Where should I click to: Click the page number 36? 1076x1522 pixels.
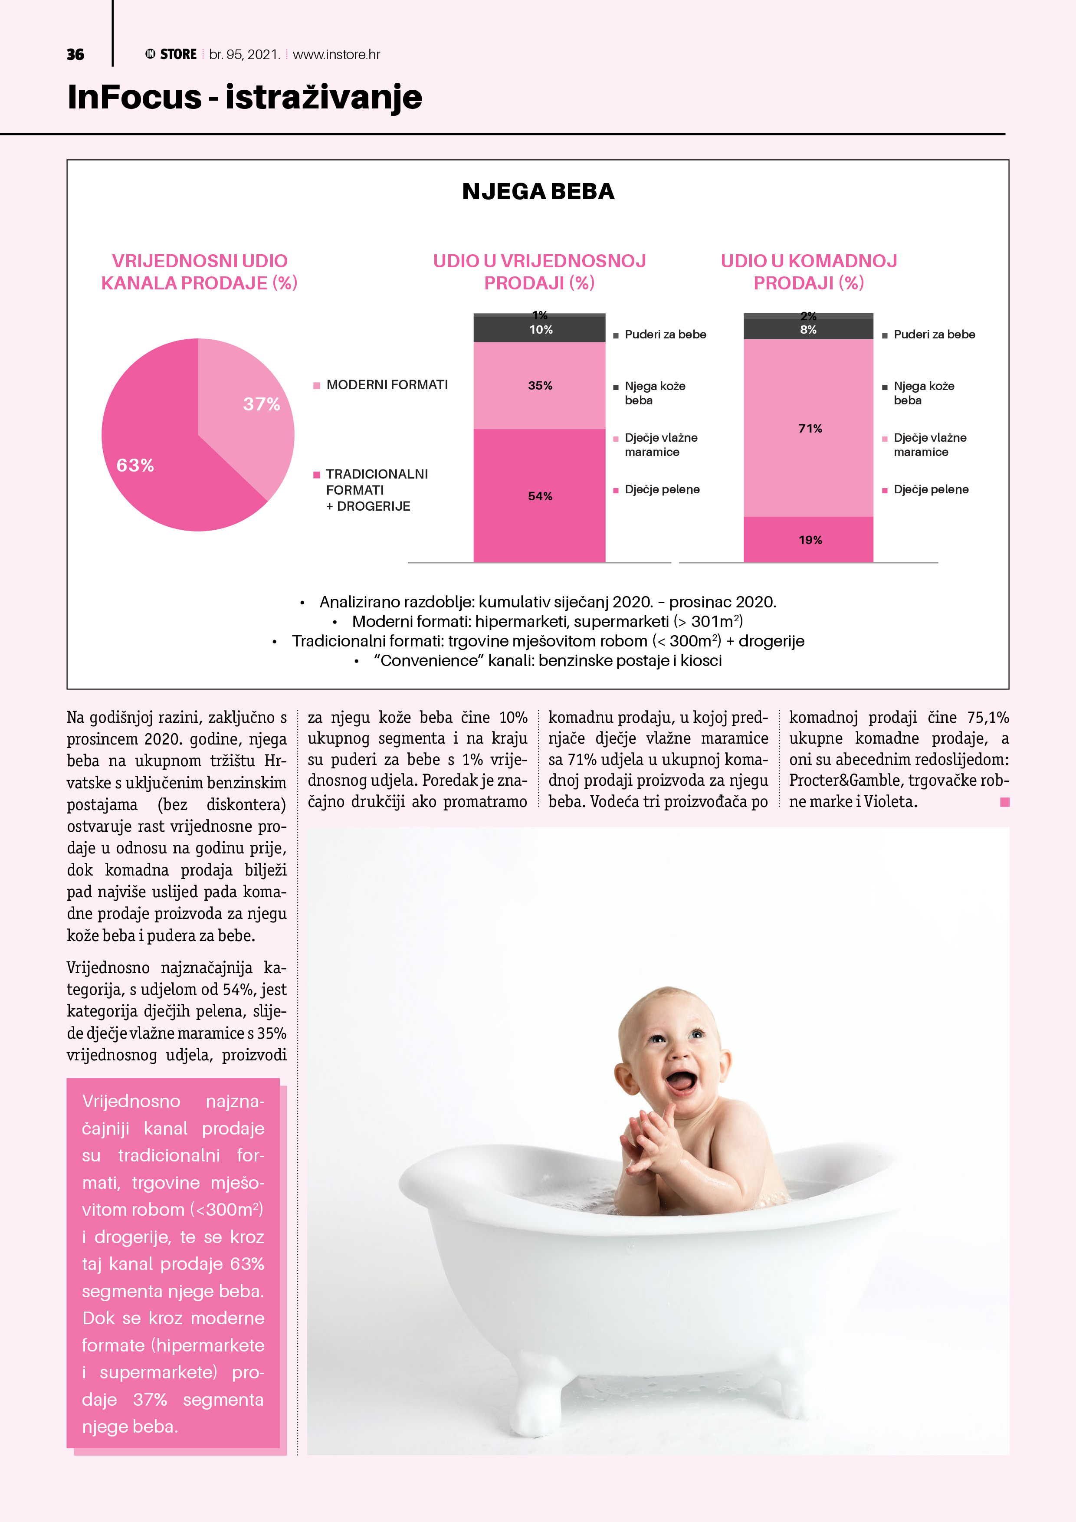pos(75,54)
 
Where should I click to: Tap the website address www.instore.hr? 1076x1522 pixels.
pos(336,54)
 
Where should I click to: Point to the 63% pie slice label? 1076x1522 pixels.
pos(135,466)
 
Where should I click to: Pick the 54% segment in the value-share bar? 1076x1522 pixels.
pos(540,496)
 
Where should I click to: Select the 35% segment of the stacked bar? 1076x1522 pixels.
pos(540,385)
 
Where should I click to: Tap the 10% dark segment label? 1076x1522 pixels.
pos(540,329)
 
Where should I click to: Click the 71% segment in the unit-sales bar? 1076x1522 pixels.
pos(810,428)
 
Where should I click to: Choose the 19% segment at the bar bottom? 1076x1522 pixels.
pos(810,540)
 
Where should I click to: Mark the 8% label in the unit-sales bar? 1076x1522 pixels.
pos(808,329)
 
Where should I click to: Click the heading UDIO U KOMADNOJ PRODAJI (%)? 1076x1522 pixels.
pos(808,272)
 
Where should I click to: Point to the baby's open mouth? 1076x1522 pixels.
pos(680,1082)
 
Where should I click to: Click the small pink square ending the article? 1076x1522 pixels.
pos(1004,802)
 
